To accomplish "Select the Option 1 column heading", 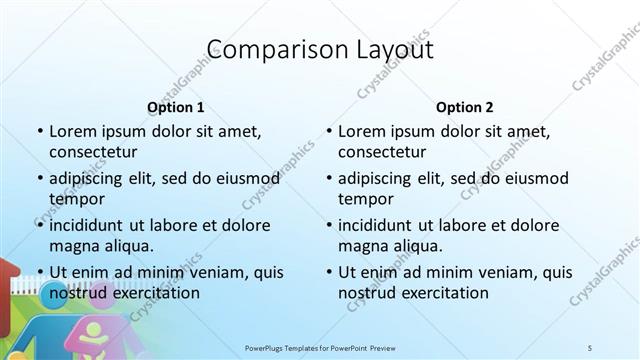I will [x=175, y=107].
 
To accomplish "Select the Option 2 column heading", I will [x=464, y=107].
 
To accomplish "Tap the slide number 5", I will [x=590, y=347].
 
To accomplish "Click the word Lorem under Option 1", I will [x=72, y=131].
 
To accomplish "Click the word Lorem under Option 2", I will [x=361, y=131].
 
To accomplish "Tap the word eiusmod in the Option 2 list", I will [x=535, y=178].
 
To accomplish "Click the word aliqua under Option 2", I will [x=418, y=246].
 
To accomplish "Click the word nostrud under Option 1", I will [x=76, y=293].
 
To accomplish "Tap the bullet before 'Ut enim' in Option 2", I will [x=328, y=272].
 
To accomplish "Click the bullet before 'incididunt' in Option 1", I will [x=39, y=225].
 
